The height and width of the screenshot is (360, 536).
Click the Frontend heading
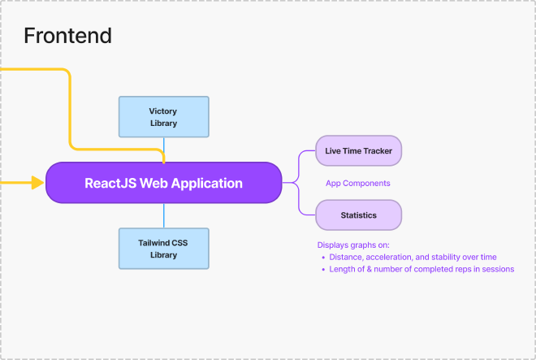point(67,36)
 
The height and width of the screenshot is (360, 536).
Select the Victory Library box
point(163,116)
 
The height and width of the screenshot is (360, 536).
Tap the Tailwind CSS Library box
point(163,248)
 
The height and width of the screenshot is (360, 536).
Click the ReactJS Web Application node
point(163,183)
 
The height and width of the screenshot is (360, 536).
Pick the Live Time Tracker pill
point(358,150)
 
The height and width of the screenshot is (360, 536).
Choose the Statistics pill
point(358,215)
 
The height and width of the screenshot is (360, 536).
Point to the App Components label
point(357,184)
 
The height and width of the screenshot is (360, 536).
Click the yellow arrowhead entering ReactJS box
point(37,183)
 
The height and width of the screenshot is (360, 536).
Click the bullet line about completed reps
point(421,270)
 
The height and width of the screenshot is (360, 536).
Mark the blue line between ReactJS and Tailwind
point(163,215)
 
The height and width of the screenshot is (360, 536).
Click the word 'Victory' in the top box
point(163,111)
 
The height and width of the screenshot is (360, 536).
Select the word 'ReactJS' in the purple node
point(110,183)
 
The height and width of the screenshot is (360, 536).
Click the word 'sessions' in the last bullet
point(497,270)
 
